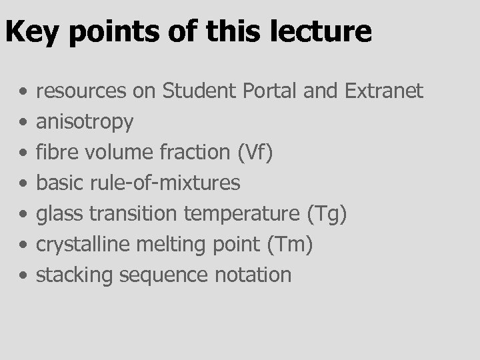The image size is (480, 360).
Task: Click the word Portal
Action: pyautogui.click(x=272, y=91)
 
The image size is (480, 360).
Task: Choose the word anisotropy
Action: pyautogui.click(x=84, y=122)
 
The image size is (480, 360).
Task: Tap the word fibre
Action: pyautogui.click(x=53, y=152)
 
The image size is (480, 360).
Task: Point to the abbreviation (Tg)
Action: pyautogui.click(x=327, y=213)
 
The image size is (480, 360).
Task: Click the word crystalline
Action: pyautogui.click(x=83, y=244)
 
